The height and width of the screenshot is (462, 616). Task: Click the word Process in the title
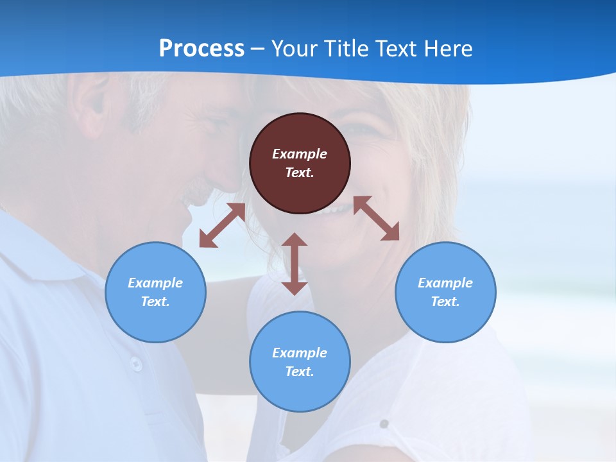click(201, 49)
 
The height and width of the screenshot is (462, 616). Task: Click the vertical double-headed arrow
click(295, 264)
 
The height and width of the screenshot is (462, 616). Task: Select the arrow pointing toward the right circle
click(376, 218)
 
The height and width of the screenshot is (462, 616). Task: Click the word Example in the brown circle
click(300, 154)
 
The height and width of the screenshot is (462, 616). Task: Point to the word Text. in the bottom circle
click(300, 372)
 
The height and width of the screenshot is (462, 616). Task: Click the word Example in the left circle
click(155, 283)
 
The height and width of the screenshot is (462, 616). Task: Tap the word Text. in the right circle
click(445, 302)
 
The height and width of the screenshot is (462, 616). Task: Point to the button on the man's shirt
click(136, 364)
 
